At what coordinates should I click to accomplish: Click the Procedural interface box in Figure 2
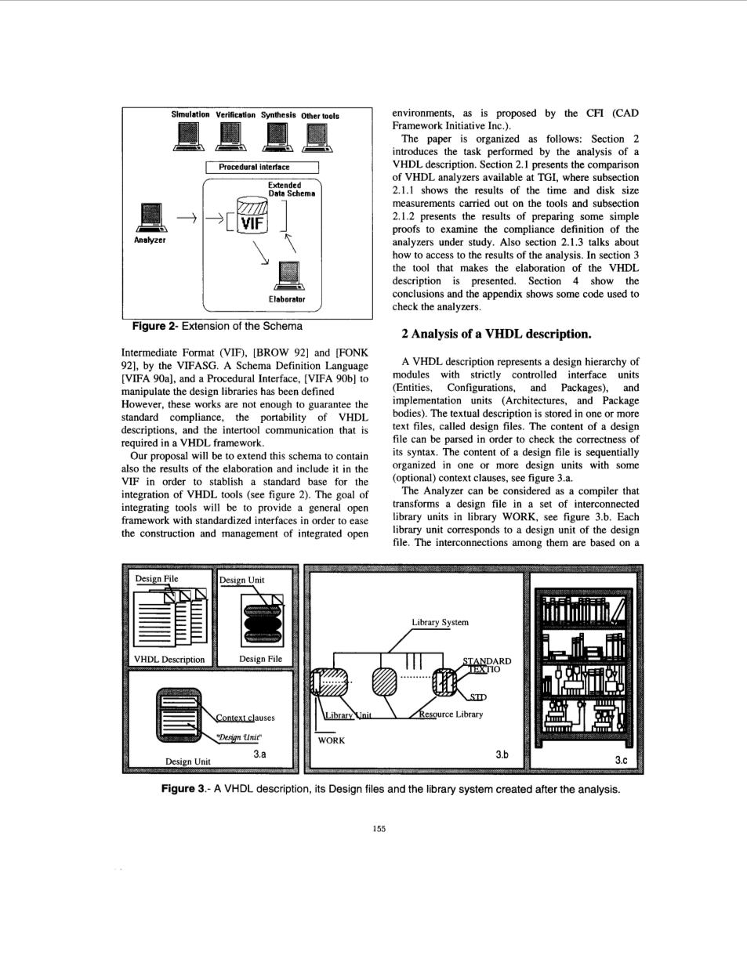coord(262,167)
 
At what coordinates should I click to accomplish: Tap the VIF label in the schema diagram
coord(252,223)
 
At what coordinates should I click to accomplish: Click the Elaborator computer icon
coord(288,276)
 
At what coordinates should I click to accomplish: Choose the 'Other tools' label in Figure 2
coord(320,116)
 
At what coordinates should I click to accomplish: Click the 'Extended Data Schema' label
coord(290,190)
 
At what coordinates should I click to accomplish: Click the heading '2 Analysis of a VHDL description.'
coord(496,334)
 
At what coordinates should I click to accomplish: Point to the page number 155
coord(379,829)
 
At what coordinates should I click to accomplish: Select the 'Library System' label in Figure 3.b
coord(440,622)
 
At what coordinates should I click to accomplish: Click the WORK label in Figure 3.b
coord(331,740)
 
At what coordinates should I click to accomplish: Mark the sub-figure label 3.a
coord(259,754)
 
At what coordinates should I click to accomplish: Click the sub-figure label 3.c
coord(621,760)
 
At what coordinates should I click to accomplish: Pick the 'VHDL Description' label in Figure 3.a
coord(169,660)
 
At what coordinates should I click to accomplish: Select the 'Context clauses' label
coord(245,718)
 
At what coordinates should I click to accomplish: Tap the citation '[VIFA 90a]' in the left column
coord(147,378)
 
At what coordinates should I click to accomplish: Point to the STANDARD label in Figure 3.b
coord(487,661)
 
